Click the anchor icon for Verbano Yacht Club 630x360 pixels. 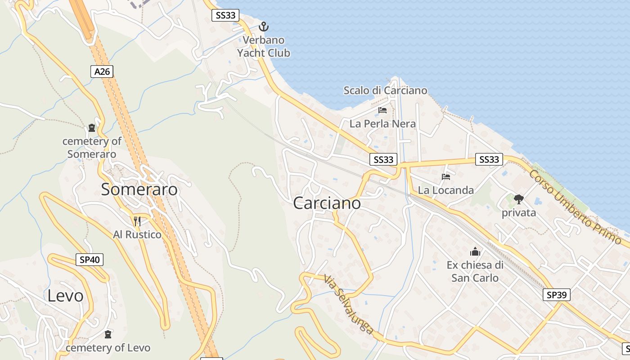(264, 27)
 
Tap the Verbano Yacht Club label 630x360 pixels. (264, 46)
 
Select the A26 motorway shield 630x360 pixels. (102, 71)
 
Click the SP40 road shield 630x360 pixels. (90, 260)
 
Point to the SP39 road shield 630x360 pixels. (557, 295)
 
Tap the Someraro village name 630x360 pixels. (139, 189)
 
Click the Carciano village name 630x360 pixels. (327, 203)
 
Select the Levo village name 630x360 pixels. (66, 296)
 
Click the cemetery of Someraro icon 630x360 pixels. (92, 128)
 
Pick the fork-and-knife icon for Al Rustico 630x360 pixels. (137, 221)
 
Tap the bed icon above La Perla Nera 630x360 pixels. (382, 110)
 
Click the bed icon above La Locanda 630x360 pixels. (446, 177)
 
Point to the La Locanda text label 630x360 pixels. (445, 190)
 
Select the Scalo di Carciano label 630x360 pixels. (385, 90)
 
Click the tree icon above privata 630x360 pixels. (519, 199)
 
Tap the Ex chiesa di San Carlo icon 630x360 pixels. (475, 252)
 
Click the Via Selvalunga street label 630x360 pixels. (349, 305)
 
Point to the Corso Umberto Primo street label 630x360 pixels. (575, 207)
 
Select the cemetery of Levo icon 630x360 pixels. (108, 334)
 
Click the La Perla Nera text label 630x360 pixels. (382, 124)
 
